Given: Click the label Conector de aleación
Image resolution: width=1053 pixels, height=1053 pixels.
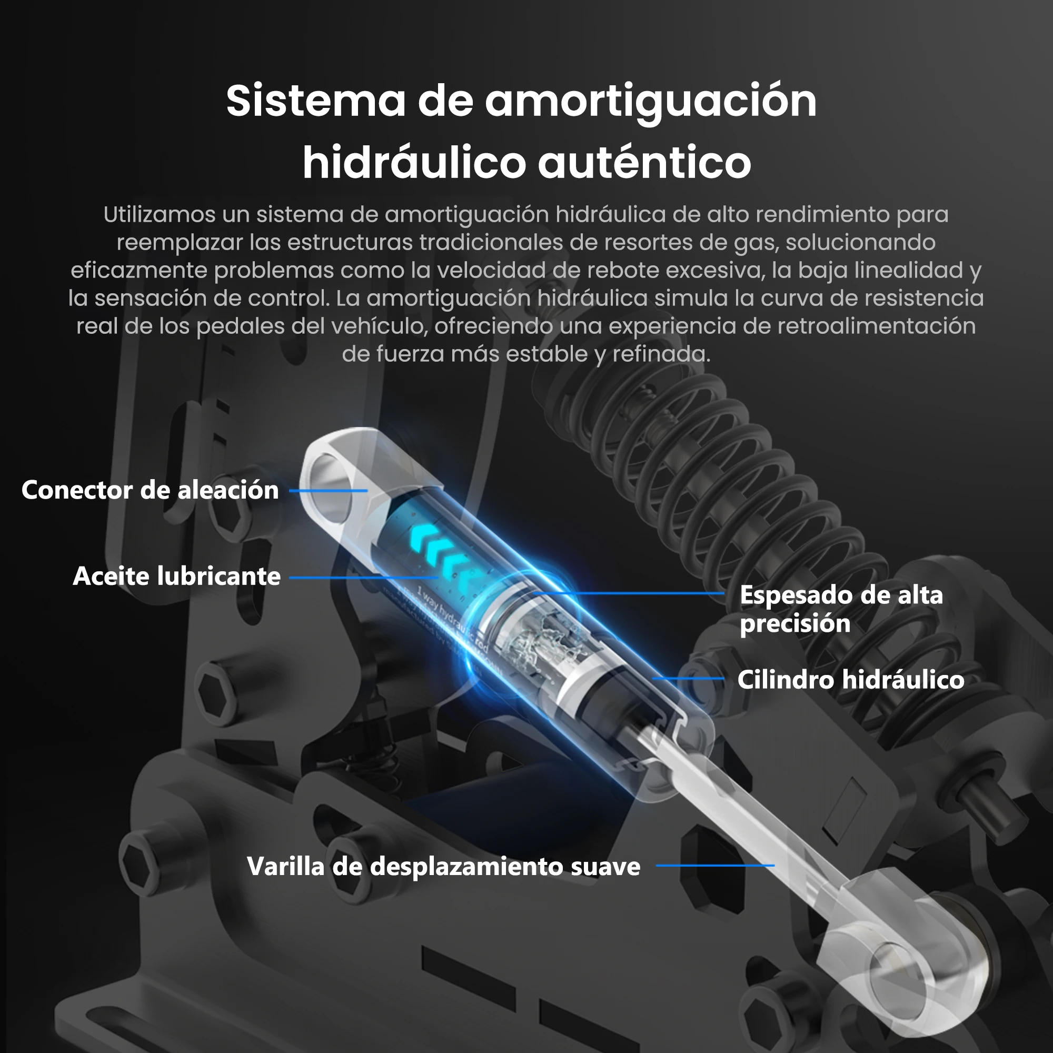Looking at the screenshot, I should pos(150,490).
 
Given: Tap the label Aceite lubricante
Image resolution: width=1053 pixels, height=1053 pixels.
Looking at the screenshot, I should pos(176,576).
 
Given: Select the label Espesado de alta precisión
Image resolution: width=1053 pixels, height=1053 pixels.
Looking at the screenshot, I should pos(841,608).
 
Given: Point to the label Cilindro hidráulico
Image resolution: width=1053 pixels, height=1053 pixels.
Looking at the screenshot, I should pos(850,680).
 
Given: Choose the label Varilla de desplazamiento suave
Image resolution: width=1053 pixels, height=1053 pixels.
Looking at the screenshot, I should pos(443,866).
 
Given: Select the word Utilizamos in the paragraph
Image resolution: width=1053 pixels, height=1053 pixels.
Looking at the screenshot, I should pos(159,214).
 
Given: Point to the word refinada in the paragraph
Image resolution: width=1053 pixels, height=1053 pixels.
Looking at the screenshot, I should pos(661,354).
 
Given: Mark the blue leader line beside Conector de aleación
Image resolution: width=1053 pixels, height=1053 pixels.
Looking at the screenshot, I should pos(328,491).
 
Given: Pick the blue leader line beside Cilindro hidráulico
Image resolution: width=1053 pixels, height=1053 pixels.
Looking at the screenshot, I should pos(688,679).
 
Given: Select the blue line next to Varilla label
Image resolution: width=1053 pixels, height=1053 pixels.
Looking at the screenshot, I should pos(714,866).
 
